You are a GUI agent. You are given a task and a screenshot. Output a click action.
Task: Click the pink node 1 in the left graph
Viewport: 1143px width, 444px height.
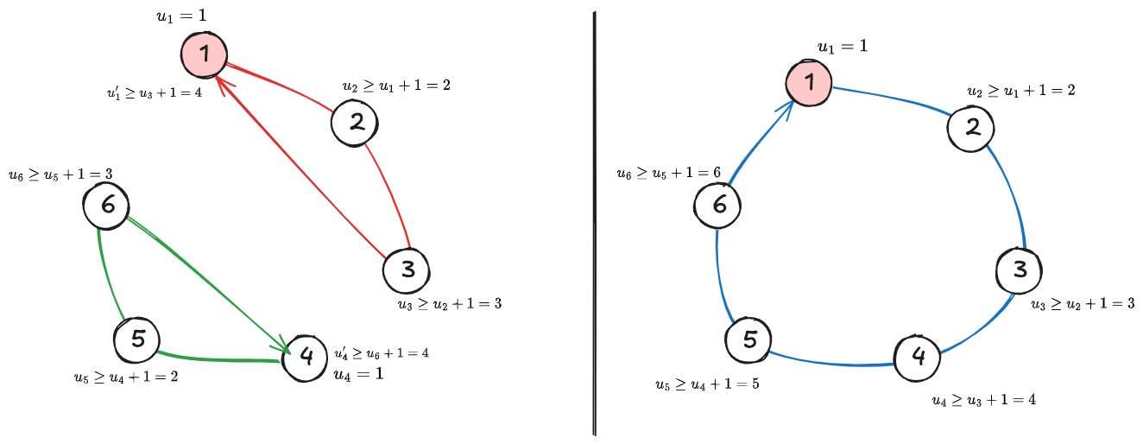click(x=204, y=55)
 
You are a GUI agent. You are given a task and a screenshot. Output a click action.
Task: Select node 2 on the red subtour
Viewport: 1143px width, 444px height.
click(x=355, y=122)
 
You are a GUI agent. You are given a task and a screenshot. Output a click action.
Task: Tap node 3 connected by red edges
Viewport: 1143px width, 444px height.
click(x=406, y=270)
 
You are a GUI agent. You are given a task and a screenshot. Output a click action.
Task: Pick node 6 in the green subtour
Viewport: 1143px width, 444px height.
click(x=106, y=206)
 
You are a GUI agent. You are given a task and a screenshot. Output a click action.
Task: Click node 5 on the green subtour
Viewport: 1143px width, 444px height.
click(x=137, y=339)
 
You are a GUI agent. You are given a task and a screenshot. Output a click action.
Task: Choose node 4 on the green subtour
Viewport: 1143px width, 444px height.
click(x=306, y=356)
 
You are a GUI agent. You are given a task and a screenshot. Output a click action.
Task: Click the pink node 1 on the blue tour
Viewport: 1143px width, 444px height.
click(x=809, y=83)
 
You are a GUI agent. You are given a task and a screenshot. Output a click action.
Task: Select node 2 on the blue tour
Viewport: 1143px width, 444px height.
click(x=971, y=128)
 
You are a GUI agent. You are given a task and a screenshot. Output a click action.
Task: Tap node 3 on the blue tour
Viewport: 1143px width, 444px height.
click(x=1020, y=270)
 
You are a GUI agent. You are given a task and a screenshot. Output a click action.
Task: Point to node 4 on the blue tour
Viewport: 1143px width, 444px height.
click(x=918, y=355)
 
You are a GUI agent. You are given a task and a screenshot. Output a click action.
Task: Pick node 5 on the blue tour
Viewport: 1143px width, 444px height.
click(x=748, y=339)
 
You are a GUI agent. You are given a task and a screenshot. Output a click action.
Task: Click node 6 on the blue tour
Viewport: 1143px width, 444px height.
click(x=717, y=206)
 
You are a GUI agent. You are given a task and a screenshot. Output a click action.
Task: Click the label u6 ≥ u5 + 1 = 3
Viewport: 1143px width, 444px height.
click(x=60, y=174)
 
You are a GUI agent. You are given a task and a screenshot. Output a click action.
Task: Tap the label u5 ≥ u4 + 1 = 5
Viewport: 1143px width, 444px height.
click(x=707, y=384)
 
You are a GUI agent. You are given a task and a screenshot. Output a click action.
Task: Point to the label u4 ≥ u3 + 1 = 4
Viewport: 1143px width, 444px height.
click(x=984, y=400)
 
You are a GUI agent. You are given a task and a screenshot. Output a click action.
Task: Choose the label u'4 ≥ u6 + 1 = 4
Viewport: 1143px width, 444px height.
click(x=382, y=352)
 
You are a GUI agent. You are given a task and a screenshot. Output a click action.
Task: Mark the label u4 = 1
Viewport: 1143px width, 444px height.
click(x=357, y=374)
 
